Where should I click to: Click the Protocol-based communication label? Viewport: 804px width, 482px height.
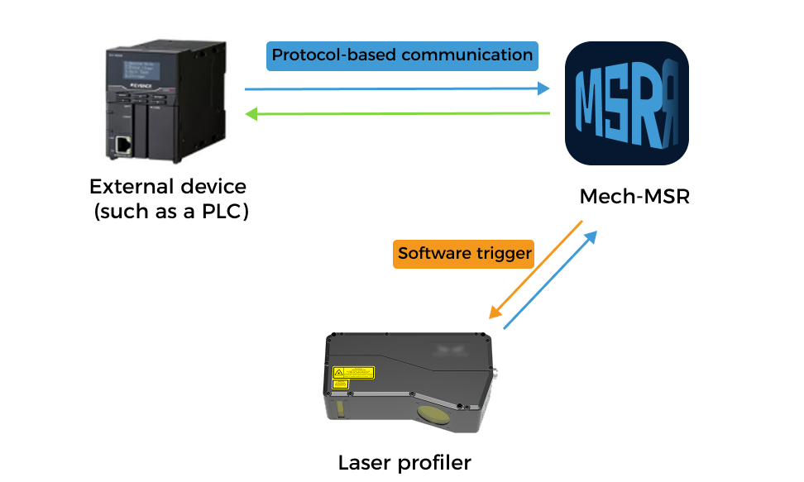click(x=402, y=56)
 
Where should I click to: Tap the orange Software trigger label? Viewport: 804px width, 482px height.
click(x=463, y=254)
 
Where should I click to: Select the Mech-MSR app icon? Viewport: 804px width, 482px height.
click(x=626, y=104)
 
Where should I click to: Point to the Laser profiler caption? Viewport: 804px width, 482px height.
click(x=404, y=462)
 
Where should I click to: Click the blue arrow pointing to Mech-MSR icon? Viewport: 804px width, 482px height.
click(x=397, y=88)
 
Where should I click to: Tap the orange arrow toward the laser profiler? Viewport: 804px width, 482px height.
click(x=536, y=270)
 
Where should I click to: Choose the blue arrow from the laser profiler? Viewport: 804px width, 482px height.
click(x=550, y=280)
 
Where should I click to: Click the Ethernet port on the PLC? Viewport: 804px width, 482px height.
click(x=123, y=146)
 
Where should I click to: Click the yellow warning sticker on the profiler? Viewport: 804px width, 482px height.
click(x=352, y=373)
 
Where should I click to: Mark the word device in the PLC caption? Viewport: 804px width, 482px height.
click(x=212, y=186)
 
